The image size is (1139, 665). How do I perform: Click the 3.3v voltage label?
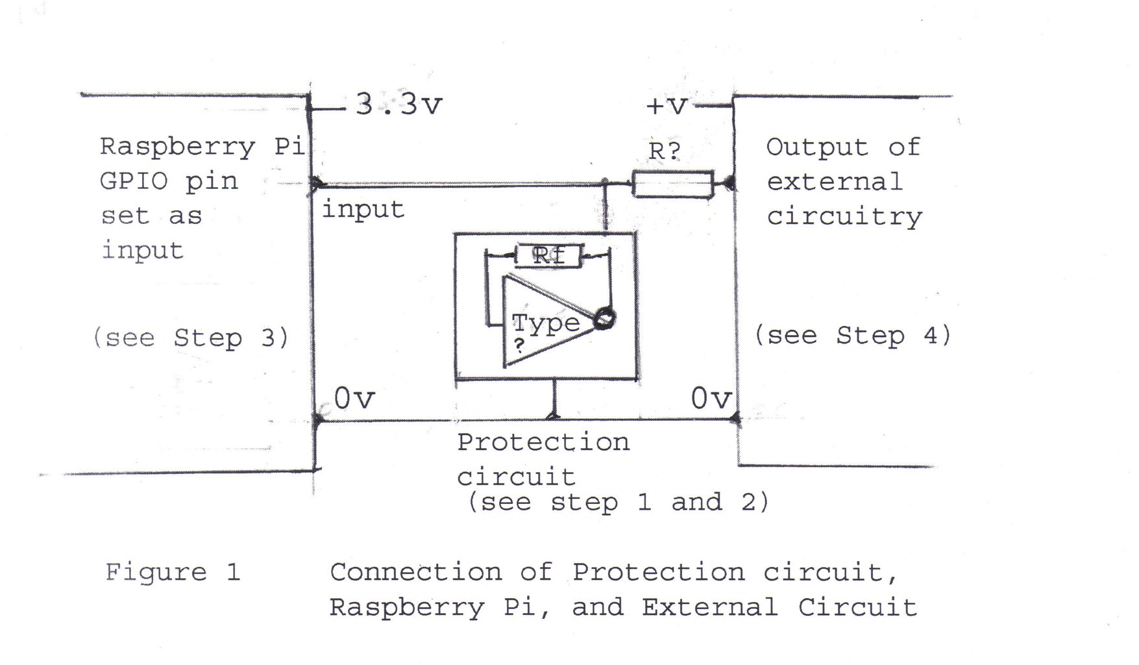click(x=398, y=105)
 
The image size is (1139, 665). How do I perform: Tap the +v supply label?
click(x=667, y=106)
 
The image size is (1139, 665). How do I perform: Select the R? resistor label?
click(x=665, y=151)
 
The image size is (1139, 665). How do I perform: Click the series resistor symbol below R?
click(x=673, y=184)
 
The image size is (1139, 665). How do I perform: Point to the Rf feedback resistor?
click(x=548, y=255)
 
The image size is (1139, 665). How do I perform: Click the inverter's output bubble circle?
click(x=604, y=319)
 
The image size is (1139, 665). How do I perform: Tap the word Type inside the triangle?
click(x=546, y=323)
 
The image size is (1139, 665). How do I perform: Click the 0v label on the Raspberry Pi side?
click(x=354, y=398)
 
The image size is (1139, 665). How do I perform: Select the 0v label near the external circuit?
click(x=711, y=398)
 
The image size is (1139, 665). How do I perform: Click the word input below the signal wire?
click(x=363, y=210)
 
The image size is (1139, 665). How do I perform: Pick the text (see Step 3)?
click(x=190, y=338)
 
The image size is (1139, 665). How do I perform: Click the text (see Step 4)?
click(x=852, y=336)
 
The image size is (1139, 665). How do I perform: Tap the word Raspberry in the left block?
click(x=177, y=147)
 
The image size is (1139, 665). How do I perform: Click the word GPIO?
click(x=134, y=181)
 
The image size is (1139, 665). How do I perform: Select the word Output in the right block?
click(x=816, y=147)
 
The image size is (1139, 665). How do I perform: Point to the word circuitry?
click(x=844, y=217)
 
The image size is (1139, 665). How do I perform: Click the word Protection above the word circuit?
click(x=543, y=442)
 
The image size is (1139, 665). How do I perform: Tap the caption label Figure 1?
click(x=173, y=572)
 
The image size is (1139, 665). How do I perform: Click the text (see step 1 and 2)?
click(x=618, y=502)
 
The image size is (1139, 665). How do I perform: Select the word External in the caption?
click(x=709, y=608)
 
